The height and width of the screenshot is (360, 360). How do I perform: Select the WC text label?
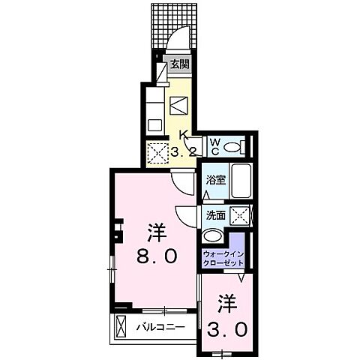tap(214, 145)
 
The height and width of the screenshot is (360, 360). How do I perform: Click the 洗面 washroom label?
tap(215, 214)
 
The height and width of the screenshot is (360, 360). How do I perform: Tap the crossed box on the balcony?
tap(123, 327)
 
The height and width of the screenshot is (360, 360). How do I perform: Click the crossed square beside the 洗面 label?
tap(241, 214)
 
